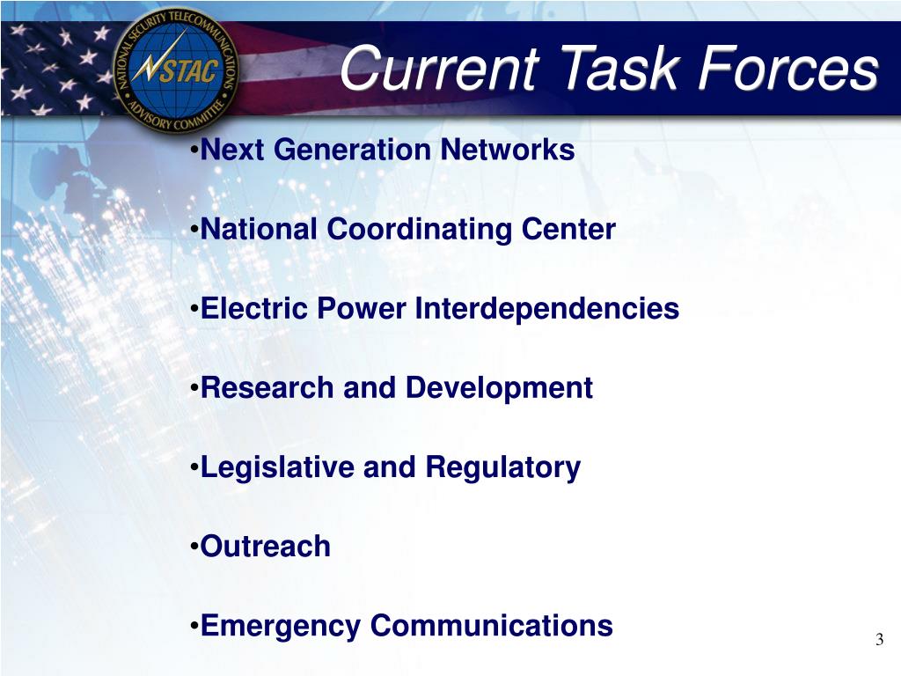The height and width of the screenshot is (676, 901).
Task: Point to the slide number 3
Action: pyautogui.click(x=879, y=640)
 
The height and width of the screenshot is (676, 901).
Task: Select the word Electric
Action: pyautogui.click(x=251, y=309)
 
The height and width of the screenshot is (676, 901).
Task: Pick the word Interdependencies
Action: pyautogui.click(x=546, y=309)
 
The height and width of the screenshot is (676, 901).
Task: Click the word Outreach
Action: pyautogui.click(x=266, y=547)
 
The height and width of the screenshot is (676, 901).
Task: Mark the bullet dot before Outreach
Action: pyautogui.click(x=194, y=547)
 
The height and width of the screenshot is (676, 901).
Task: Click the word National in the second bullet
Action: pyautogui.click(x=260, y=230)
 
